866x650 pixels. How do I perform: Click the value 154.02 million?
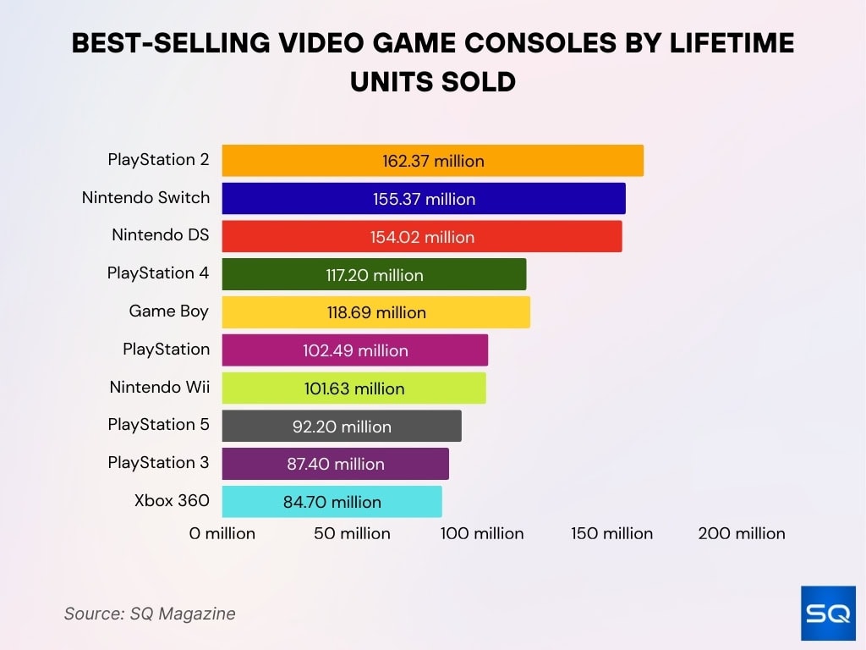(422, 237)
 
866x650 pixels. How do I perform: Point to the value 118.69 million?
(376, 312)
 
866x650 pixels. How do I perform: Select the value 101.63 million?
(354, 388)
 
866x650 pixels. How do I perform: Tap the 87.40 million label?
(335, 464)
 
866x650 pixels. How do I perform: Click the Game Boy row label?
(168, 311)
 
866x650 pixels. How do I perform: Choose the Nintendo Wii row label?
(159, 387)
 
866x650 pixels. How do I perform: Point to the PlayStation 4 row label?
(157, 273)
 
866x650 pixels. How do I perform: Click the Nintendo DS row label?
(160, 234)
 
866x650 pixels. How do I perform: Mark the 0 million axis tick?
(222, 533)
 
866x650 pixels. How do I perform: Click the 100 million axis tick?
(482, 533)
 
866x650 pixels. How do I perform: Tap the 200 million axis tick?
(742, 533)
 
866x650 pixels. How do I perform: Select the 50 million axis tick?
(352, 533)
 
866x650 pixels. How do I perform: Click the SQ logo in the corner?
(828, 613)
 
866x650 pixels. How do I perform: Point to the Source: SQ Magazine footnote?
(150, 614)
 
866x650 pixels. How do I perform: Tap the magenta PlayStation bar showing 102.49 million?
(355, 350)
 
